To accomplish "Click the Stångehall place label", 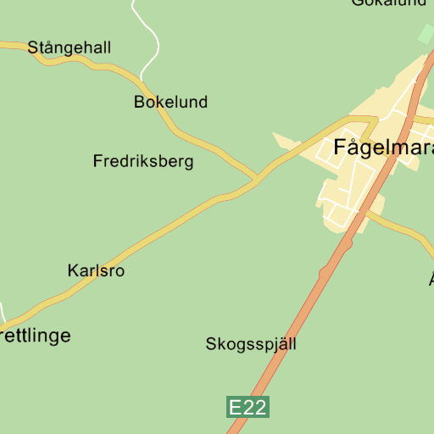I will tap(70, 47).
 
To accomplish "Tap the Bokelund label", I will tap(170, 102).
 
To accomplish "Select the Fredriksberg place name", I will tap(143, 161).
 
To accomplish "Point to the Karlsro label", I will tap(96, 271).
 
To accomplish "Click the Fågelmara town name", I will tap(384, 146).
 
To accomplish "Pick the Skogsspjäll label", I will tap(251, 344).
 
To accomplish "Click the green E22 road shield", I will tap(248, 407).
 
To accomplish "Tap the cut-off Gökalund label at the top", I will tap(389, 3).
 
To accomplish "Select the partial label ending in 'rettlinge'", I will tap(35, 336).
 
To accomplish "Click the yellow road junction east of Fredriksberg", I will tap(256, 180).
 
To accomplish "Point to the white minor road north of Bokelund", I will tap(153, 42).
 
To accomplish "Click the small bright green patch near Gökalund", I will tap(426, 34).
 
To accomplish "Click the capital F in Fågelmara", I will tap(341, 146).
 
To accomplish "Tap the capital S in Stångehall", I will tap(34, 47).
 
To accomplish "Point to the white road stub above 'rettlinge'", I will tap(3, 312).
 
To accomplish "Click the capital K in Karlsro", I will tap(73, 271).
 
